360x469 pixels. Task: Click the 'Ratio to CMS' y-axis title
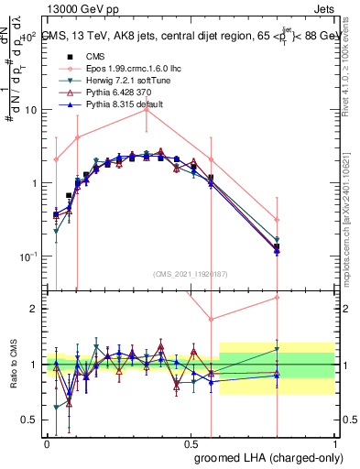pyautogui.click(x=13, y=364)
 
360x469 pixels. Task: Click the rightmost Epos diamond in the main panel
pyautogui.click(x=277, y=220)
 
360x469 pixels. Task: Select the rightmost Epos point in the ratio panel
pyautogui.click(x=277, y=298)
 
